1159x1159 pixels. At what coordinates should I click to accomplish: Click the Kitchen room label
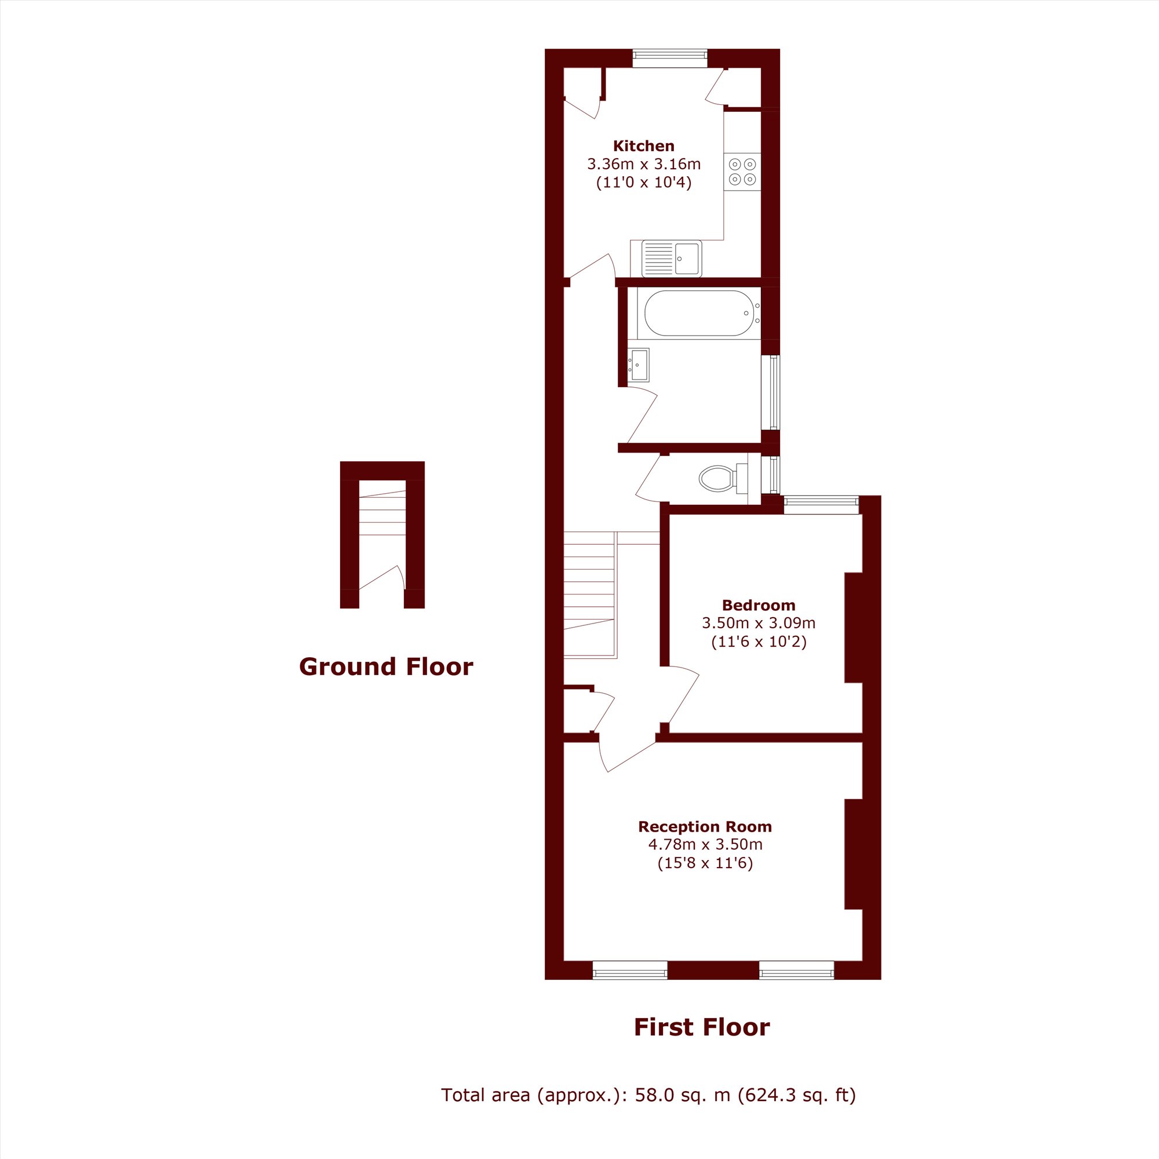pyautogui.click(x=643, y=146)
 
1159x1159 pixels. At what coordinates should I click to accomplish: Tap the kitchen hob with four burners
pyautogui.click(x=742, y=172)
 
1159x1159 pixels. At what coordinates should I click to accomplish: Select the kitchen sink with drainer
pyautogui.click(x=671, y=258)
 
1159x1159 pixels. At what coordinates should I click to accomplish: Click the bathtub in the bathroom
pyautogui.click(x=698, y=313)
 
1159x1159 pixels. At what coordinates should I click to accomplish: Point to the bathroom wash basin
pyautogui.click(x=638, y=365)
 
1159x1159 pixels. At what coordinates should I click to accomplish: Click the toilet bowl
pyautogui.click(x=717, y=478)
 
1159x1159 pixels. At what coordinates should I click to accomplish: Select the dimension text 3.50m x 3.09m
pyautogui.click(x=758, y=623)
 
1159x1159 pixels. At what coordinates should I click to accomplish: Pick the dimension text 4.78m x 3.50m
pyautogui.click(x=704, y=845)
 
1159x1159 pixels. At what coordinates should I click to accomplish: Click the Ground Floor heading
pyautogui.click(x=386, y=666)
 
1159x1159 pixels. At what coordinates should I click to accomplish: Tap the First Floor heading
pyautogui.click(x=701, y=1027)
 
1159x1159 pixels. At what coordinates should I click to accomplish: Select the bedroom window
pyautogui.click(x=821, y=505)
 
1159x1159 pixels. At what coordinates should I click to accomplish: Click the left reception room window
pyautogui.click(x=629, y=971)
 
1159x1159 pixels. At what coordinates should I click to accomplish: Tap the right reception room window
pyautogui.click(x=796, y=971)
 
